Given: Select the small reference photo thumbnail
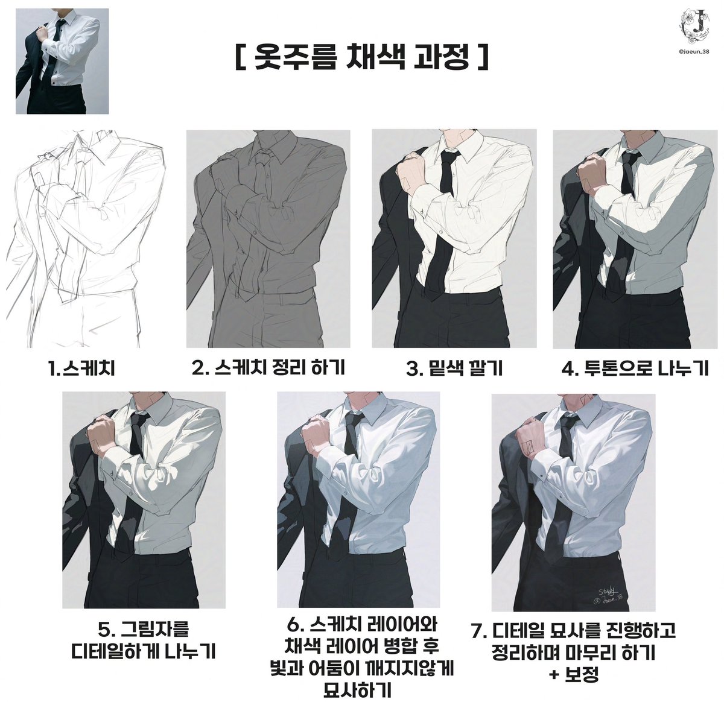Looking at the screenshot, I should click(x=62, y=61).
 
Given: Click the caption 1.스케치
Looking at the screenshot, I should click(x=81, y=368).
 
